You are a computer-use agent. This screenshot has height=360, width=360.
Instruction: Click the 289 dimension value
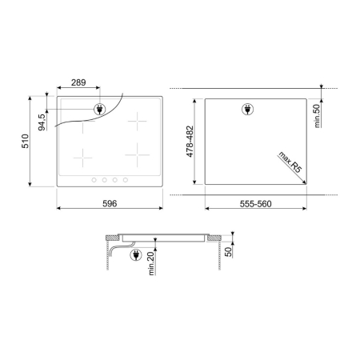78,82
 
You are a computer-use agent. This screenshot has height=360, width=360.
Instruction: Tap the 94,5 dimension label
42,122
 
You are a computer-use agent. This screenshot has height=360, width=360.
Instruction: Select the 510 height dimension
26,141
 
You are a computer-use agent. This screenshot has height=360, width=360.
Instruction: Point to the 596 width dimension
110,204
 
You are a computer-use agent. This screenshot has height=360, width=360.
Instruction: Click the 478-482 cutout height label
190,142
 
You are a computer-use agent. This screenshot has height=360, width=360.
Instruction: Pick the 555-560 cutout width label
255,204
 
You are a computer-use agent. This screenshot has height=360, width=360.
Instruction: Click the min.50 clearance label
317,116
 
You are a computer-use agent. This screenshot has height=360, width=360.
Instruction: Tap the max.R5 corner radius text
290,162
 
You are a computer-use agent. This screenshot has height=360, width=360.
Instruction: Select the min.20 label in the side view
151,263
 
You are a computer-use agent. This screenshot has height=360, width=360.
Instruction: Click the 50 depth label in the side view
229,252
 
